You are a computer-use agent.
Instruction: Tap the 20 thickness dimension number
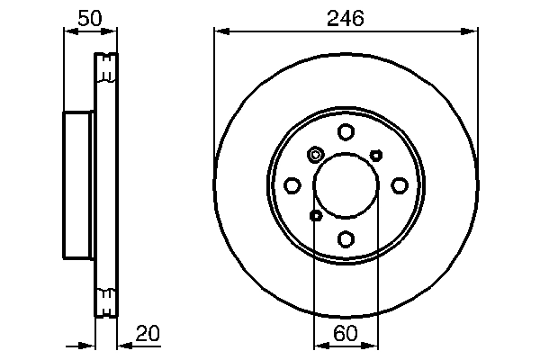pos(147,334)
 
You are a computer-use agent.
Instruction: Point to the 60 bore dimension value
pos(346,334)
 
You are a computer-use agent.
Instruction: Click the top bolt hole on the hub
pos(346,132)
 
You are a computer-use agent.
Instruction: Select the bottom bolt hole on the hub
pos(346,238)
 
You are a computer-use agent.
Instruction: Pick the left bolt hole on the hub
pos(292,185)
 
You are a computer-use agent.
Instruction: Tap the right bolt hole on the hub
pos(399,185)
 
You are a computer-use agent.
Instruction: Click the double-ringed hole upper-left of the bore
pos(315,155)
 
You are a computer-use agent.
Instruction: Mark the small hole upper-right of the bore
pos(376,155)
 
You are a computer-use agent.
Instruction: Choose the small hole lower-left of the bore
pos(315,215)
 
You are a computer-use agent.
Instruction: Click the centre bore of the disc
pos(346,185)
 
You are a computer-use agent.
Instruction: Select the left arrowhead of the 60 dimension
pos(318,345)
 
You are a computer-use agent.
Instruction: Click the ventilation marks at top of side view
pos(106,68)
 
